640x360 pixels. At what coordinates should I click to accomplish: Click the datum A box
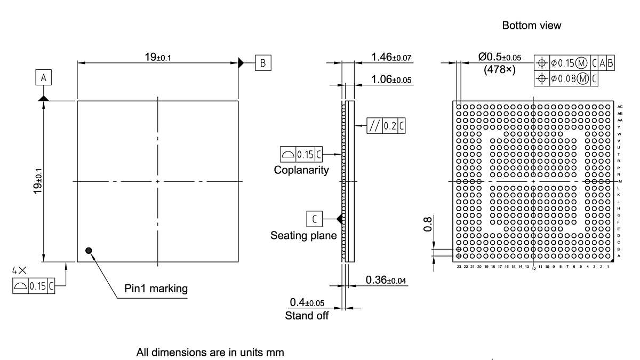click(x=44, y=78)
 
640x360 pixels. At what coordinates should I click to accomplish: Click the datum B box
click(x=262, y=62)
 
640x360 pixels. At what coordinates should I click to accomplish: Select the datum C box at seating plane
click(x=314, y=218)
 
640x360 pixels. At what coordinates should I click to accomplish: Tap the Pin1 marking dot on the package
click(x=89, y=250)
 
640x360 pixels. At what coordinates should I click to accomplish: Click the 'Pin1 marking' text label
click(x=156, y=289)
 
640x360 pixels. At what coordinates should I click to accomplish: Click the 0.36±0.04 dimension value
click(x=386, y=280)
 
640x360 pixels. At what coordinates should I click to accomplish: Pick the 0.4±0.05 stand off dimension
click(x=307, y=302)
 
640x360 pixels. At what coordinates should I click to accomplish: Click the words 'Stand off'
click(x=307, y=315)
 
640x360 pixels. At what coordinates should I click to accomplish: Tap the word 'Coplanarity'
click(x=301, y=170)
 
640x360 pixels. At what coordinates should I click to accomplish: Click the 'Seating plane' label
click(x=303, y=235)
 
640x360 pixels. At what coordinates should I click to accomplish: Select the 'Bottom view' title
click(x=531, y=25)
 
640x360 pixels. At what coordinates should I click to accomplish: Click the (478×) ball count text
click(x=499, y=69)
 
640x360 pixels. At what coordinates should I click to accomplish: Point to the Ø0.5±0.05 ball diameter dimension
click(x=500, y=57)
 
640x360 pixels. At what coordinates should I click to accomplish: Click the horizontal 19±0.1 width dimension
click(x=157, y=57)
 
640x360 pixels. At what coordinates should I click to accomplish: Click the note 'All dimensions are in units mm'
click(x=210, y=353)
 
